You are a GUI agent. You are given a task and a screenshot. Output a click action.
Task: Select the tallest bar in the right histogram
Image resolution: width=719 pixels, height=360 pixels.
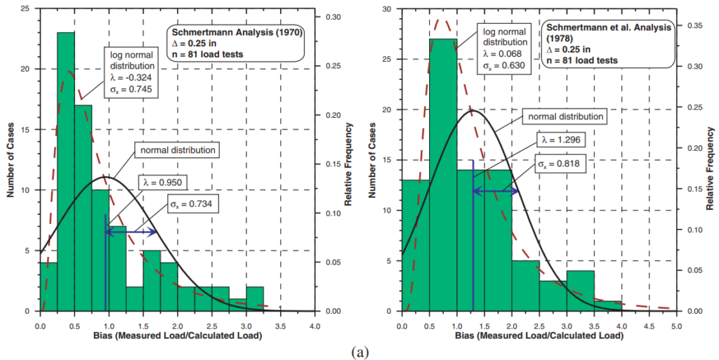[x=442, y=175]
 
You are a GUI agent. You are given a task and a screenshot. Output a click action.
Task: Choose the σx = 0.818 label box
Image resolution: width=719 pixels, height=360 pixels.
[x=562, y=164]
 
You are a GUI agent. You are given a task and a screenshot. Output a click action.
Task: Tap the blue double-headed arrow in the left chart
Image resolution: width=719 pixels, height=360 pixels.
[x=131, y=232]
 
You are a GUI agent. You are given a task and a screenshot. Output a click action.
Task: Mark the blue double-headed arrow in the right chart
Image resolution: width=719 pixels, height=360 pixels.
[x=496, y=191]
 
